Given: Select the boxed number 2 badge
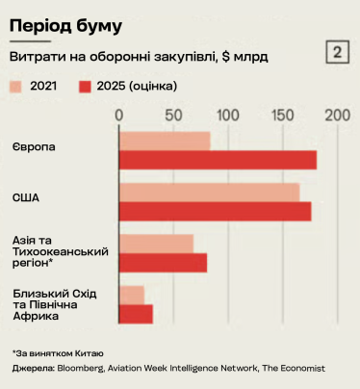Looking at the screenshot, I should point(339,52).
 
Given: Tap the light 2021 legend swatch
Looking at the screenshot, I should point(17,87).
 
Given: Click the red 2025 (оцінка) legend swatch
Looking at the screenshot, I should point(85,87).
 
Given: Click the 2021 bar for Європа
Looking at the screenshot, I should point(165,141).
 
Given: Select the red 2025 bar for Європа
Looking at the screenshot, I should point(218,160).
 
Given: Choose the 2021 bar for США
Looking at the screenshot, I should point(209,192).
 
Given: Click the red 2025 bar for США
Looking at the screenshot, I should point(216,211).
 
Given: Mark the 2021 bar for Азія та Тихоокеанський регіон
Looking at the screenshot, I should point(156,243).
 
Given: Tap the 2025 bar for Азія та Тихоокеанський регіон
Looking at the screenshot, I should point(163,262).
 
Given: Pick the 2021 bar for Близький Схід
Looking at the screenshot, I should point(132,294).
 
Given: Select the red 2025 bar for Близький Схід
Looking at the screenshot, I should point(136,313).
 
